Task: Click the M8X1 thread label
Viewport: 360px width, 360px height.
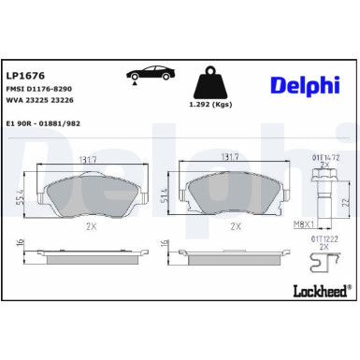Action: (306, 225)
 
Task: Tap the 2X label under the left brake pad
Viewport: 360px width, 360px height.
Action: (92, 226)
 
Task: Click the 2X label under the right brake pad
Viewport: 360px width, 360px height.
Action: (236, 226)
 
